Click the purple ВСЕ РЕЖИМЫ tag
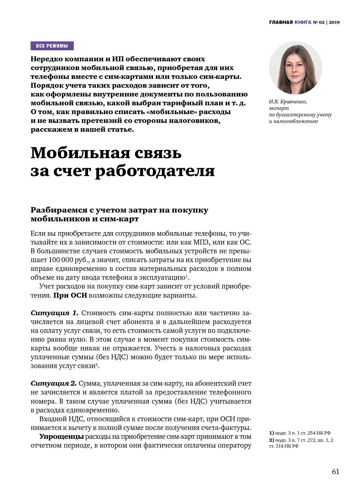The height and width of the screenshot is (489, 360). tap(52, 46)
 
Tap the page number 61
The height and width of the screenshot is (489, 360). tap(336, 472)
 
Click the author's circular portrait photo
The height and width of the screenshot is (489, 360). tap(295, 68)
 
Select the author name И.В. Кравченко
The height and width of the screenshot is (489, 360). tap(288, 102)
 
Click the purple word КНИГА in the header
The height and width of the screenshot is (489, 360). tap(303, 22)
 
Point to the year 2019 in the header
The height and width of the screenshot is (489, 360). tap(334, 22)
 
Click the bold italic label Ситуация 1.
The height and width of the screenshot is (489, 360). tap(54, 313)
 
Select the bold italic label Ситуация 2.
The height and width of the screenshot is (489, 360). tap(53, 383)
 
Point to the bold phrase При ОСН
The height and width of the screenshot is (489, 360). tap(70, 295)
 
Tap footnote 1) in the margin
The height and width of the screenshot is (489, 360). tap(272, 433)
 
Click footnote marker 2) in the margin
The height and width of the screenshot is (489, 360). tap(272, 440)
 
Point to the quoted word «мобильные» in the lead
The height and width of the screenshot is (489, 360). tap(172, 112)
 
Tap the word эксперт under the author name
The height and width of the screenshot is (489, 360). tap(279, 108)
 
